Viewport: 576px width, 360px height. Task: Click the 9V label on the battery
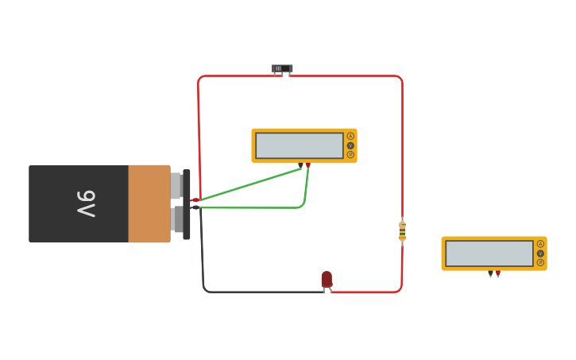click(x=86, y=203)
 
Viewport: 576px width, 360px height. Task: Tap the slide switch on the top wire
click(x=282, y=69)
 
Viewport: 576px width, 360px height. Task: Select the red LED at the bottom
click(x=327, y=279)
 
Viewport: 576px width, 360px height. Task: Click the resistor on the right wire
click(x=402, y=231)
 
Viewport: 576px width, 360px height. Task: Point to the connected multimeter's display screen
click(x=299, y=145)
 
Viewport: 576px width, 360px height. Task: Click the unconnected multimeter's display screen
click(x=489, y=254)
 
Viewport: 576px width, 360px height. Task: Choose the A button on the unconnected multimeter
click(x=540, y=244)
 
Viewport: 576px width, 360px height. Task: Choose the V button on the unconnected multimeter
click(x=540, y=254)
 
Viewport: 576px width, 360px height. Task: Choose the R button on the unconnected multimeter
click(x=540, y=262)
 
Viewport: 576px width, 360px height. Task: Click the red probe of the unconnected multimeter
click(x=498, y=273)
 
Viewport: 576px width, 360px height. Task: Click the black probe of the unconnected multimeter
click(x=490, y=273)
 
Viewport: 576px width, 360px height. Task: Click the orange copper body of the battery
click(x=149, y=203)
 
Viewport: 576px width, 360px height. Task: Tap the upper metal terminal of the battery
click(x=176, y=185)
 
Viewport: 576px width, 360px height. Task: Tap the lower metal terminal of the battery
click(x=176, y=219)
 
